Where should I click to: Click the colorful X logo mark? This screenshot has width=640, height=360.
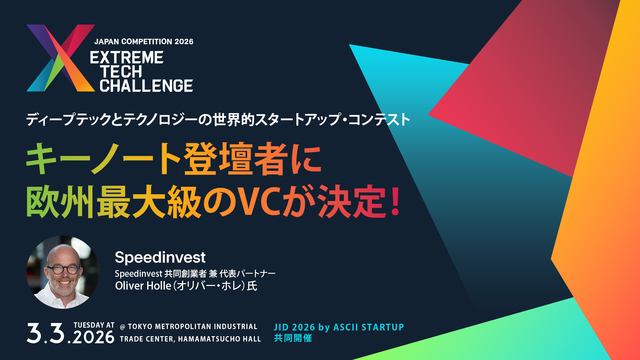click(60, 58)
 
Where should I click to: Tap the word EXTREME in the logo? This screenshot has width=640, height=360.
click(127, 58)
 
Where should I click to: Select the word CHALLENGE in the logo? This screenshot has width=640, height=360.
click(146, 86)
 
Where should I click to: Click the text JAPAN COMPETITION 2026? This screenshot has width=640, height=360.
click(144, 42)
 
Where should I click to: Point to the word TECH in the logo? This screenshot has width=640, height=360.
click(121, 72)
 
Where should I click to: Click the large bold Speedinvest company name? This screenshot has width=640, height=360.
click(160, 257)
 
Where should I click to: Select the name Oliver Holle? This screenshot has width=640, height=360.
click(143, 286)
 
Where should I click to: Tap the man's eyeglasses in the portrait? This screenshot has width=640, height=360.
click(63, 269)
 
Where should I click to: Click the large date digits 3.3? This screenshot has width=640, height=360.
click(46, 333)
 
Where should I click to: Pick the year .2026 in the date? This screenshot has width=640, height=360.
click(93, 337)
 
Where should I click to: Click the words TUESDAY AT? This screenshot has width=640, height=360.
click(94, 325)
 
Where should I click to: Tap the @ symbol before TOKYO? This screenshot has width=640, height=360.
click(123, 327)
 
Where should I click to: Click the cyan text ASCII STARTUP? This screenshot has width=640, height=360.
click(368, 327)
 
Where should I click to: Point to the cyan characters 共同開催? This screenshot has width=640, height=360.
click(293, 338)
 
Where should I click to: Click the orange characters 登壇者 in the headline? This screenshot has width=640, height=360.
click(236, 159)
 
